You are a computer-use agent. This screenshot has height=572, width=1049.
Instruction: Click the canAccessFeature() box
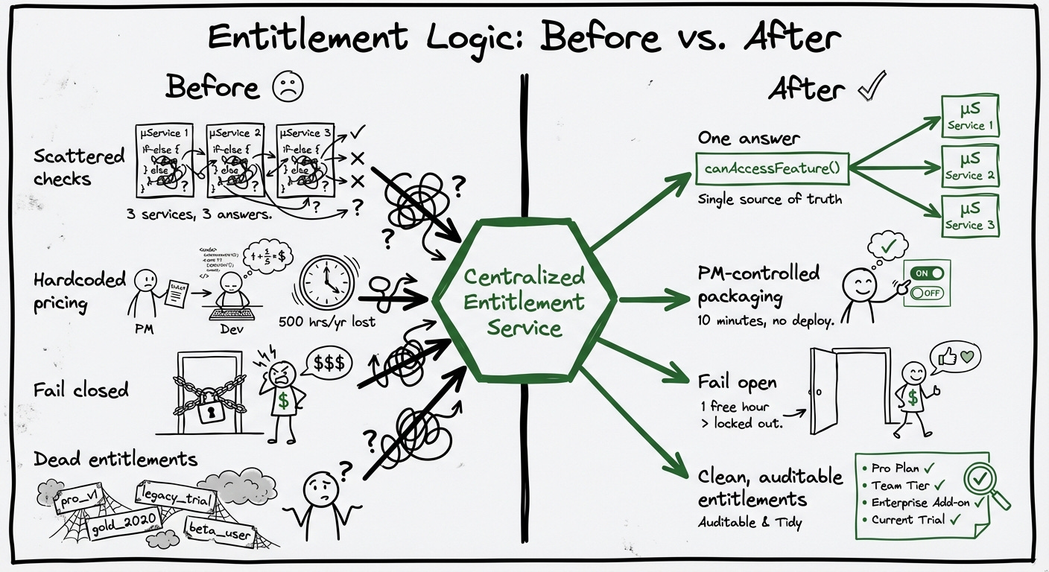pos(771,168)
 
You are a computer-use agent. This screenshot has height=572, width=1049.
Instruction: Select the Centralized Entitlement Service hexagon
pos(524,301)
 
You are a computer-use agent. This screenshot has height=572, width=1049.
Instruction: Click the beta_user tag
pos(219,534)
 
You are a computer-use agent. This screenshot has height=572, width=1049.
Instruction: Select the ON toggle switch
pos(926,273)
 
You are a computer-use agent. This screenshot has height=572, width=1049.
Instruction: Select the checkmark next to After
pos(871,88)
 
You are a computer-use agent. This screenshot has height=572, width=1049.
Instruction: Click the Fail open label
pos(738,382)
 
